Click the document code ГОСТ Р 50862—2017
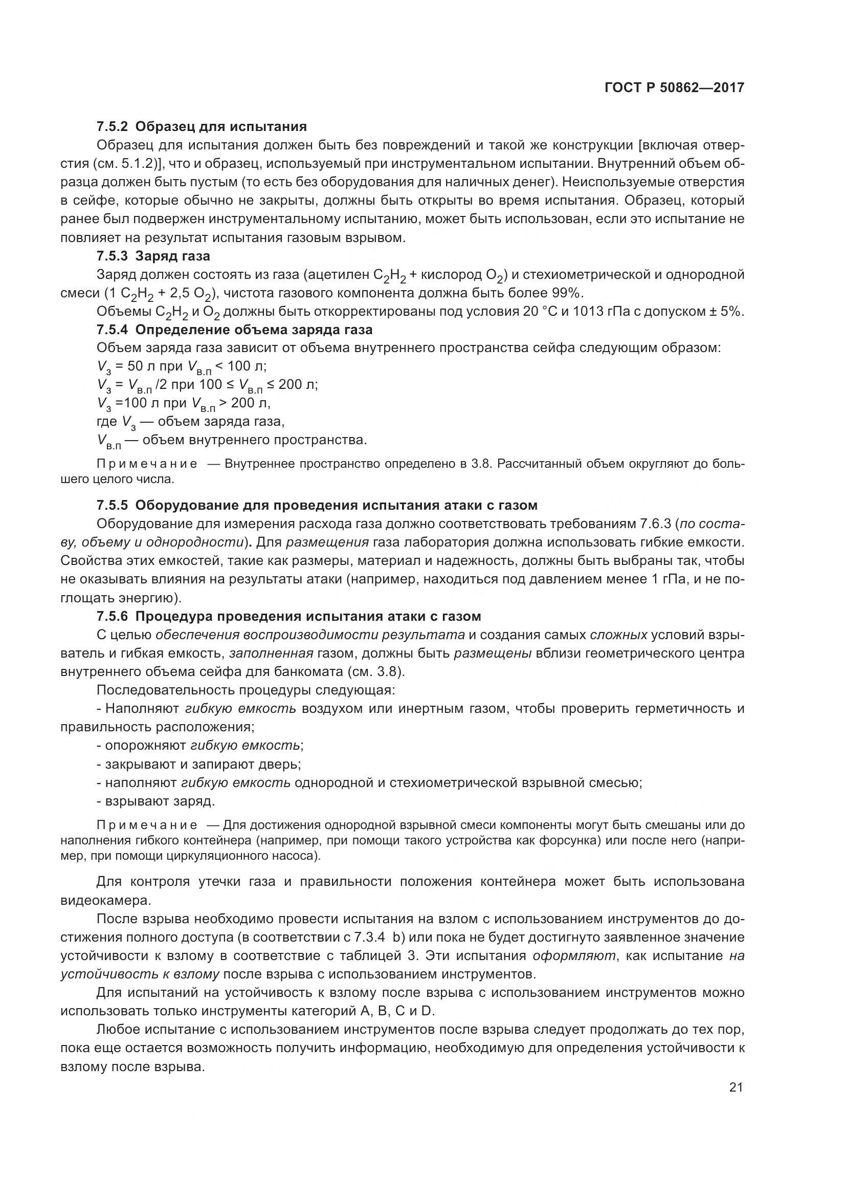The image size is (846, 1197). [674, 88]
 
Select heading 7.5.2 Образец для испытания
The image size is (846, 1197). [202, 127]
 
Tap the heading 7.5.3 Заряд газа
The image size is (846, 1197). [153, 256]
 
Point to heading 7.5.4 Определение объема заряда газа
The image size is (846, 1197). [234, 330]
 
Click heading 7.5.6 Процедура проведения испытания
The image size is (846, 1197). [288, 616]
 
